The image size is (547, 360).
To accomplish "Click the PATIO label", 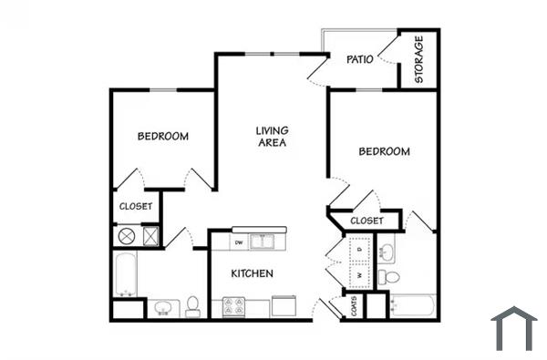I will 356,60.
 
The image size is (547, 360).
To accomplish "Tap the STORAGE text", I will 419,59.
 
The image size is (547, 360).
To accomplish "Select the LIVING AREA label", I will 272,137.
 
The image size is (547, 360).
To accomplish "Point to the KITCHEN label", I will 253,273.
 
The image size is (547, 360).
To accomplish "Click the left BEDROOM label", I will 163,137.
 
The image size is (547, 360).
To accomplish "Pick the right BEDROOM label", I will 384,151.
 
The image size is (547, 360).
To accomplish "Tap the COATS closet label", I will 354,306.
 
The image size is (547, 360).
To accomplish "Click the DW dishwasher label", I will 239,242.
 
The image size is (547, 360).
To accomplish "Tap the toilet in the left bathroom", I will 193,305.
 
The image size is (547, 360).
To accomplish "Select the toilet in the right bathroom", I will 390,276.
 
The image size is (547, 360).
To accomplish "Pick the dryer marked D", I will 360,248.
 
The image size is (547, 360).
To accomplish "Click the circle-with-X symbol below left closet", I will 126,236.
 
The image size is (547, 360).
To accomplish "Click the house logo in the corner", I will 513,328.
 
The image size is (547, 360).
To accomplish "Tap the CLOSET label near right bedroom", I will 366,221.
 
